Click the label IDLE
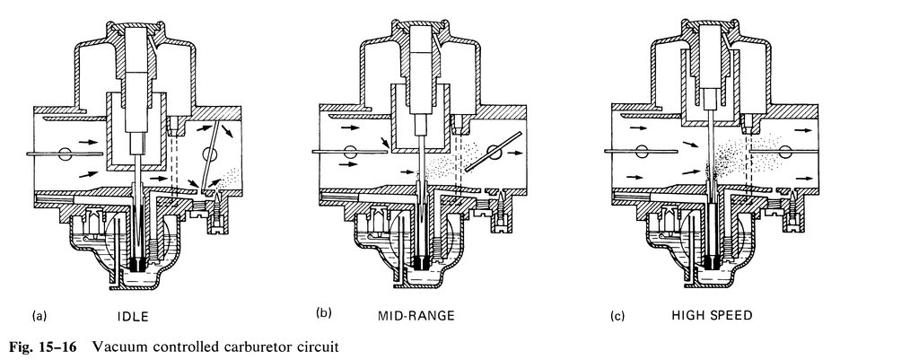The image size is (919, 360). click(133, 317)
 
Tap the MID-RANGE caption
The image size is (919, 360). click(416, 316)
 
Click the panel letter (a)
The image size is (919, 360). click(39, 317)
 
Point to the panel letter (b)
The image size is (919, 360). click(323, 313)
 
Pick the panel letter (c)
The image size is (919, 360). click(617, 317)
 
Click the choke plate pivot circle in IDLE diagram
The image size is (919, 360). click(65, 154)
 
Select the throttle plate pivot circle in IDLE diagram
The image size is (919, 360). click(209, 154)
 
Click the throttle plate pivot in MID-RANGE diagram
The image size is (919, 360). click(495, 153)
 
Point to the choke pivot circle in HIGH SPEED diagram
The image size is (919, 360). click(642, 152)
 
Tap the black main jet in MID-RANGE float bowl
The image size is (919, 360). click(420, 262)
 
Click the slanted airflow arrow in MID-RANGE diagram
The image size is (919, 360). click(384, 143)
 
